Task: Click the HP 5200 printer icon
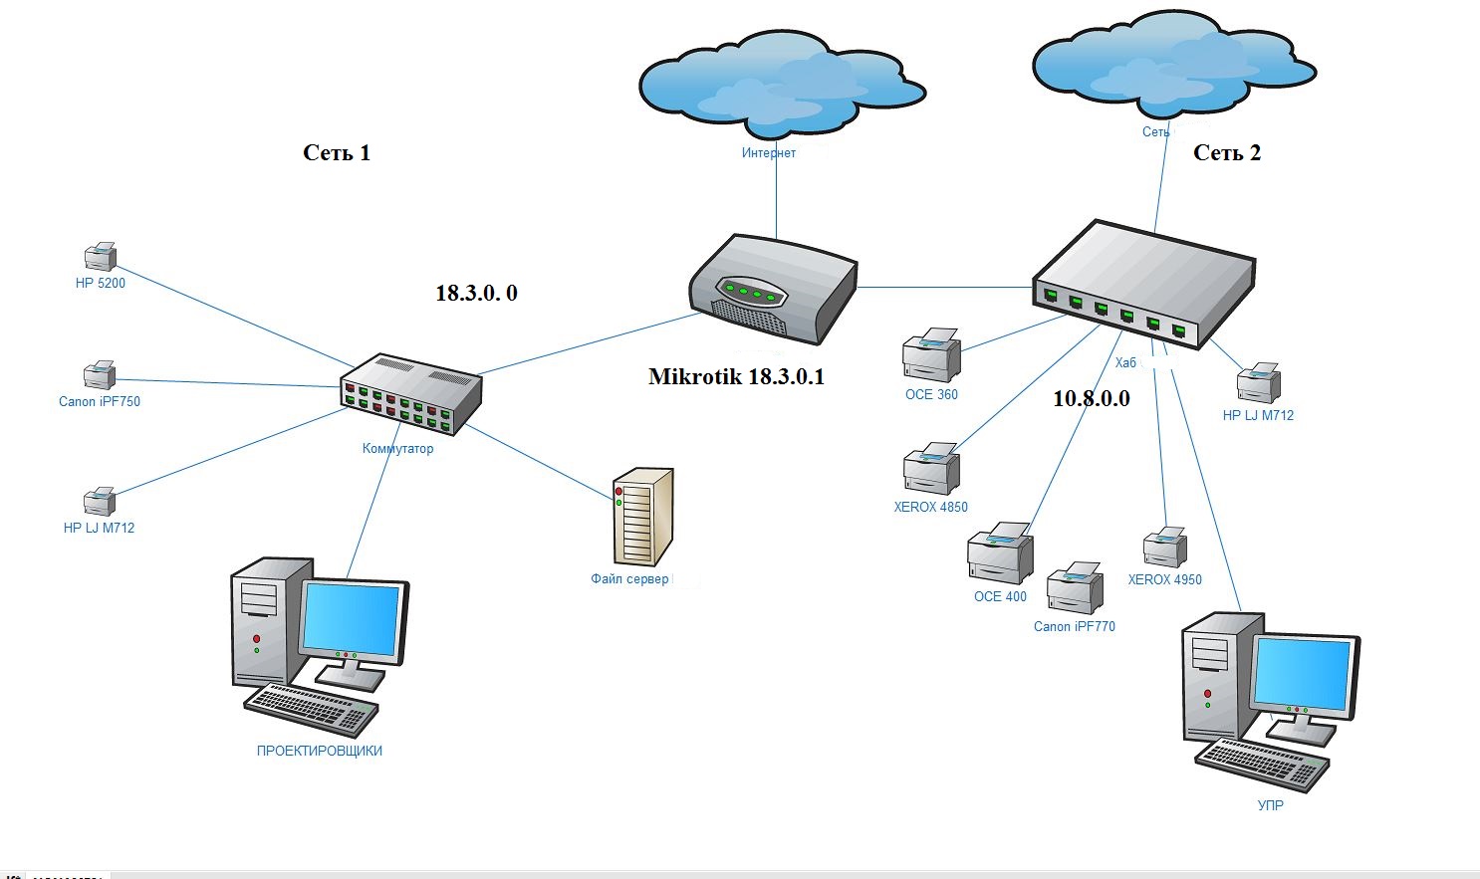coord(101,256)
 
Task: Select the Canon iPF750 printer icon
coord(100,375)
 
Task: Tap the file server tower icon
coord(642,517)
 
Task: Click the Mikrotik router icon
coord(773,289)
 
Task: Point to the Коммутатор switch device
coord(411,394)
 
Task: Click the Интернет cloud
coord(782,84)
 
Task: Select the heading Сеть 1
coord(337,152)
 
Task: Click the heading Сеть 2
coord(1227,152)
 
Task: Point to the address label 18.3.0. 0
coord(476,293)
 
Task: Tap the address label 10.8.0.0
coord(1092,398)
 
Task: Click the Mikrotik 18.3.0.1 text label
coord(737,376)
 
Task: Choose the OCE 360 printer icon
coord(931,354)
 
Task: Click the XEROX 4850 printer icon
coord(931,469)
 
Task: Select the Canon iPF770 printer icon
coord(1075,587)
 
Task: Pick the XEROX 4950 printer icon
coord(1165,547)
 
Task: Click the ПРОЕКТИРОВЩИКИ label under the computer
coord(319,751)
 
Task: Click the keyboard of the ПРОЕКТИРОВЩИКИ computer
coord(311,710)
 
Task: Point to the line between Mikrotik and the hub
coord(945,288)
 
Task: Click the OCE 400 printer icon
coord(1000,553)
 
